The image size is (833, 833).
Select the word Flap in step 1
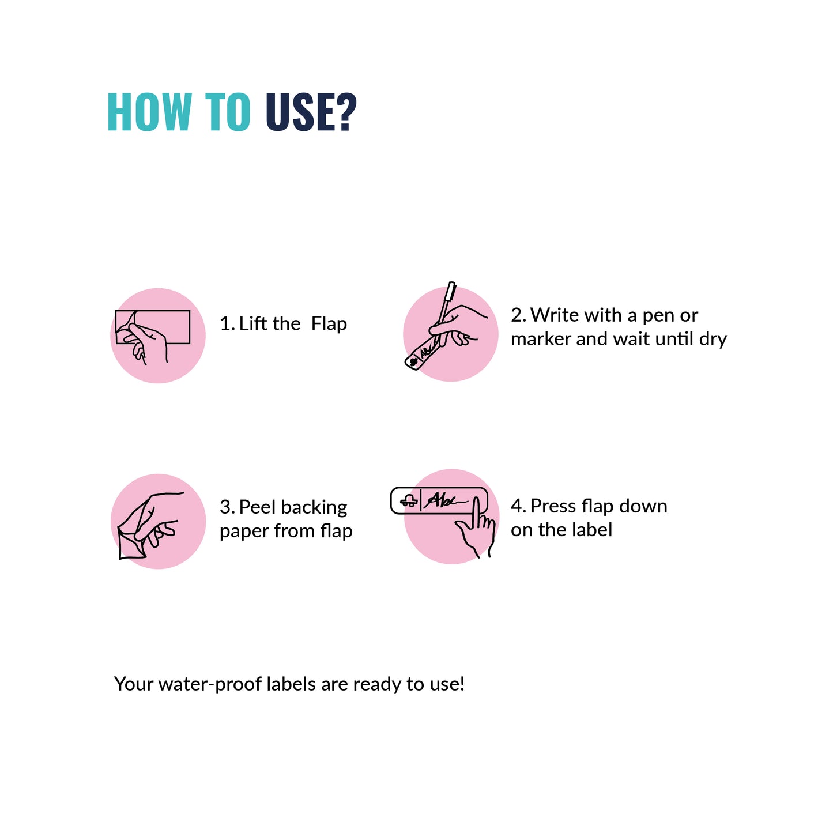[x=329, y=324]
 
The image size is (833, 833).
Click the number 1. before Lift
[x=227, y=324]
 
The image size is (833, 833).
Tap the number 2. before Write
[x=518, y=315]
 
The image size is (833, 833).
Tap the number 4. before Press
[x=518, y=506]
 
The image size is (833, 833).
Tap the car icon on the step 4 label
[x=409, y=500]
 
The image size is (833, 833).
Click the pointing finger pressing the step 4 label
[x=476, y=513]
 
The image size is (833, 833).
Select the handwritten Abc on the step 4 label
[x=445, y=500]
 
